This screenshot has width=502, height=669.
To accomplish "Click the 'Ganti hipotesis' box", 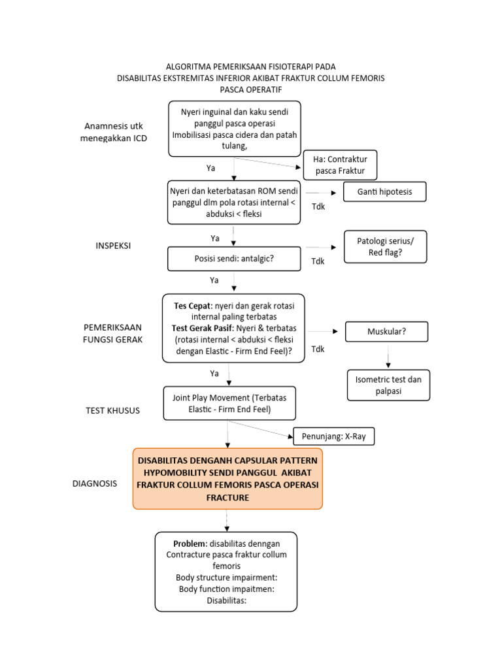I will point(384,191).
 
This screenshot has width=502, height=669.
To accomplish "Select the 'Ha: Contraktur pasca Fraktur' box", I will point(341,165).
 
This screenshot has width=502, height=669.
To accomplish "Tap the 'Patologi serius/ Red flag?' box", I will point(384,246).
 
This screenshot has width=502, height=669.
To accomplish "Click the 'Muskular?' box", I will point(386,331).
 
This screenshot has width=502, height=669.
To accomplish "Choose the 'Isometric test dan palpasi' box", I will point(389,385).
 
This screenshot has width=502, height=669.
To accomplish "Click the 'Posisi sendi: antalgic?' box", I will point(234,258).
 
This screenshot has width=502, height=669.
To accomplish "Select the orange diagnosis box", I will point(227,479).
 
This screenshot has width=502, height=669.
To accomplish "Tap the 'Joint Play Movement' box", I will point(229,403).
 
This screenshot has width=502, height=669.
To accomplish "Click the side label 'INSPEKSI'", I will point(114,246).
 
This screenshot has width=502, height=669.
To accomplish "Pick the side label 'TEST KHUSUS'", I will point(112,410).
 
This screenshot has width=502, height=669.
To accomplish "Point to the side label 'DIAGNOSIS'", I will point(95,483).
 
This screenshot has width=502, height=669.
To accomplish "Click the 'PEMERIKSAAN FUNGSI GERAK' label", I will point(112,333).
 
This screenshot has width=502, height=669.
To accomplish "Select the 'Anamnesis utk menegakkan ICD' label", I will point(114,132).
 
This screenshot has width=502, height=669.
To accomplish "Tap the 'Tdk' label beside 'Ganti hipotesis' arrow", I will point(318,206).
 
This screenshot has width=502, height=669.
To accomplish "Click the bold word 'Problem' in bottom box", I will point(188,544).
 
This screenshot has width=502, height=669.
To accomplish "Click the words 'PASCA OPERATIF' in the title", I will point(250,89).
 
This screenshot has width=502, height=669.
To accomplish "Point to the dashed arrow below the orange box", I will point(227,520).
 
